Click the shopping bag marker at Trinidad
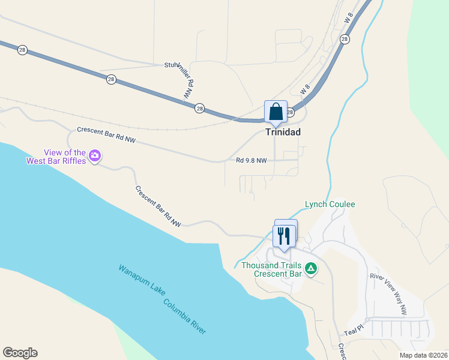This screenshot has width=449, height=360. (x=276, y=112)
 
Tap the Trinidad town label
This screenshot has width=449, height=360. (x=283, y=132)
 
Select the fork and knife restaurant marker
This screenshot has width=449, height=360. (x=284, y=235)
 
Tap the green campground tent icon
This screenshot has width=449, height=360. (x=311, y=268)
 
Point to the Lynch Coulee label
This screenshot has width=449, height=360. (x=330, y=204)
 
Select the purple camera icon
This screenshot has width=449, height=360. (x=94, y=157)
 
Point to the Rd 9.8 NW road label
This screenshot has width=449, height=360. (x=251, y=160)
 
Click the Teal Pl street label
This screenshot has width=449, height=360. (x=354, y=330)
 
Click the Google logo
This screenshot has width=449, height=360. (x=20, y=353)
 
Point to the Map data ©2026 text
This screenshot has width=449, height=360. (x=423, y=355)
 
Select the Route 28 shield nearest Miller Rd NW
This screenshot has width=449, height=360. (x=199, y=108)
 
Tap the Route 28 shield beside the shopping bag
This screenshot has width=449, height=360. (x=290, y=113)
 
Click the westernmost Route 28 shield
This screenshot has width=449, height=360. (x=22, y=50)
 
